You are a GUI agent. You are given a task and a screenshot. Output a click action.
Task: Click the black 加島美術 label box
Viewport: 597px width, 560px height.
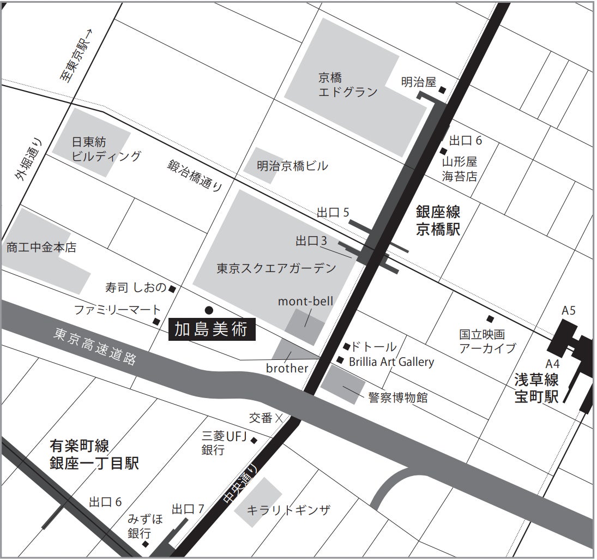(x=211, y=330)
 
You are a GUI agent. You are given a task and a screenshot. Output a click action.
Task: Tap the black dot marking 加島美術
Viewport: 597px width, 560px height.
(x=208, y=309)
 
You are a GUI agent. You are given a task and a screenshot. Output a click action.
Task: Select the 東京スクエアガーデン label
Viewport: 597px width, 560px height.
(x=276, y=268)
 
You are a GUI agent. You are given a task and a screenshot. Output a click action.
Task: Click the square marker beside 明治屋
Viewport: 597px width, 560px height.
(x=443, y=90)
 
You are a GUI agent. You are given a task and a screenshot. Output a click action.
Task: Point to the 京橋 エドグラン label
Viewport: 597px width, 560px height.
(x=347, y=85)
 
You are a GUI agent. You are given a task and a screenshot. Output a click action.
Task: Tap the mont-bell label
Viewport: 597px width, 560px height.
(x=305, y=301)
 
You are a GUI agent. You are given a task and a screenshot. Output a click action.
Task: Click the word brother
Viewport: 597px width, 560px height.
(x=287, y=369)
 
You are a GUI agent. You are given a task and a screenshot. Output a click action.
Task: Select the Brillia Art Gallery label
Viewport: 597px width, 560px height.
(x=391, y=362)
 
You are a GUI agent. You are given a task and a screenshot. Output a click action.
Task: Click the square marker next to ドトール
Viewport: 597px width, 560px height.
(x=346, y=346)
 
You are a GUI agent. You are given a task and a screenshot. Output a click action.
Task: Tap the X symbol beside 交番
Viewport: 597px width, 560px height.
(x=279, y=419)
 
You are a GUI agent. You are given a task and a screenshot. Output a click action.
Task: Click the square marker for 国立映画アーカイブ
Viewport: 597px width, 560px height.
(x=490, y=319)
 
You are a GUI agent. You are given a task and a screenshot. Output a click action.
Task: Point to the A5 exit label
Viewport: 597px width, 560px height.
(x=569, y=311)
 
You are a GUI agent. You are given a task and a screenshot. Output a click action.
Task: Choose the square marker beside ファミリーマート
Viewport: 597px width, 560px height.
(x=156, y=322)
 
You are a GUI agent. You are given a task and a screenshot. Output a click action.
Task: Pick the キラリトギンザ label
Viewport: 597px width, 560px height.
(x=288, y=511)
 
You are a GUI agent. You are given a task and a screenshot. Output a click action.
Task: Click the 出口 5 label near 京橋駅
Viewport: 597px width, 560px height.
(x=333, y=213)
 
